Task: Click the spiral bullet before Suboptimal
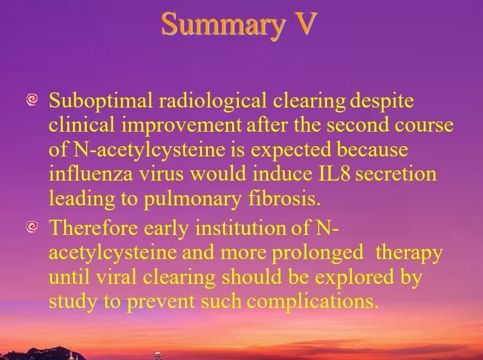pyautogui.click(x=31, y=100)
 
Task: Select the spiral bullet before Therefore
pyautogui.click(x=31, y=227)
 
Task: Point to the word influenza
pyautogui.click(x=91, y=173)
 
